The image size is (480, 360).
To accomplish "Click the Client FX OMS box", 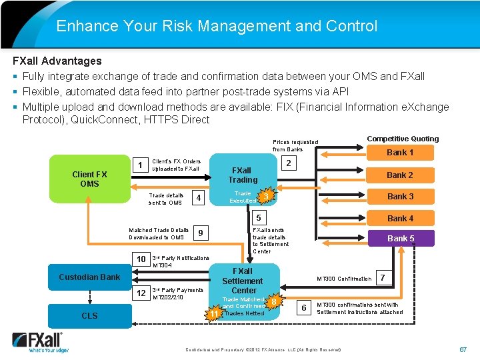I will [89, 179].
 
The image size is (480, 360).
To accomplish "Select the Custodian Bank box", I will [89, 277].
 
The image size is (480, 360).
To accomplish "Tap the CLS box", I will [89, 315].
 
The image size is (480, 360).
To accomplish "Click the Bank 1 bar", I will [400, 153].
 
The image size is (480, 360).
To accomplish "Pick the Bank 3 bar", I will [400, 197].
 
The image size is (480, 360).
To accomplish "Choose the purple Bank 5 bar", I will [400, 238].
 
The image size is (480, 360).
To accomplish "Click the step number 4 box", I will [197, 198].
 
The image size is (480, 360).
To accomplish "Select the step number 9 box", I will [201, 233].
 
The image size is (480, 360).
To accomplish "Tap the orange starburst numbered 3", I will [266, 196].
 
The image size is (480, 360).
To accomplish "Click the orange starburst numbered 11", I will [214, 313].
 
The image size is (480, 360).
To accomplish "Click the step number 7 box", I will [383, 276].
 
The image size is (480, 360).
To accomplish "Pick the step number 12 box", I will [141, 293].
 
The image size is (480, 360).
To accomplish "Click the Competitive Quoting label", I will [403, 139].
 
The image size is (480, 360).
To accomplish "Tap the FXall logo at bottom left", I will [37, 342].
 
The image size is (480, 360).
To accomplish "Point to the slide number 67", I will [463, 349].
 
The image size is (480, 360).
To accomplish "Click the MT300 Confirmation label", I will [344, 279].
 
